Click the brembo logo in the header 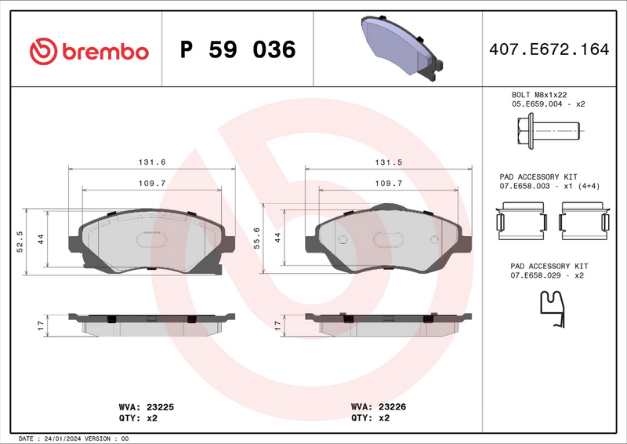click(89, 51)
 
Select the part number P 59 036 click(238, 50)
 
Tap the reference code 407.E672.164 click(548, 50)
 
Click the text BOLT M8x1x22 click(539, 94)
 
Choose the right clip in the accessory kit click(584, 219)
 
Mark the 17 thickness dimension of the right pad click(277, 323)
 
